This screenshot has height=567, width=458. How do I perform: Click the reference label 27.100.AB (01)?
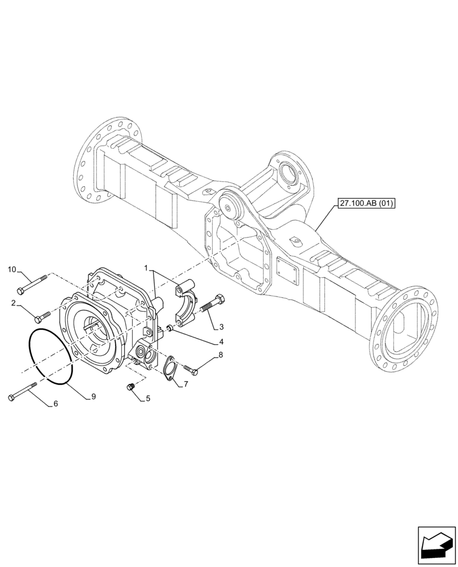366,202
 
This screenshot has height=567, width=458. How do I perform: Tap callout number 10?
12,269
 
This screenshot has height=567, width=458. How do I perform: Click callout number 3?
222,327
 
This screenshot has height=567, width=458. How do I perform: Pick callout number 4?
222,342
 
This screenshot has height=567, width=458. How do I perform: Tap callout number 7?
185,385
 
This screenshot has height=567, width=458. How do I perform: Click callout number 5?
148,399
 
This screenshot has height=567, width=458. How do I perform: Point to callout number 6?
55,404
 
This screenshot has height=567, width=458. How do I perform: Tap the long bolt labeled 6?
23,392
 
